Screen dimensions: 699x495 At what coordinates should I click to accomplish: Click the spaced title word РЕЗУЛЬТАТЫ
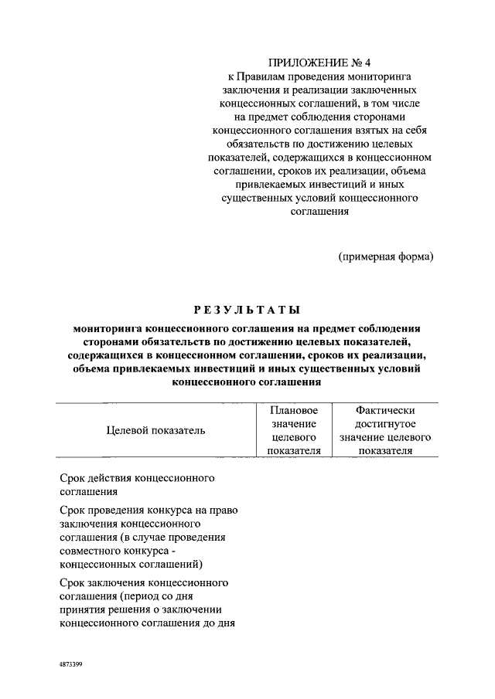(247, 310)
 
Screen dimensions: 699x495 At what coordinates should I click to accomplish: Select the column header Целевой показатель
(155, 431)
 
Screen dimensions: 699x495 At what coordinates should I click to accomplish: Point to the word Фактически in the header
(385, 412)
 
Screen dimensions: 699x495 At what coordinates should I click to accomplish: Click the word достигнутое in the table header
(385, 425)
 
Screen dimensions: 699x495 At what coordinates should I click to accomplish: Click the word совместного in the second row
(89, 550)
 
